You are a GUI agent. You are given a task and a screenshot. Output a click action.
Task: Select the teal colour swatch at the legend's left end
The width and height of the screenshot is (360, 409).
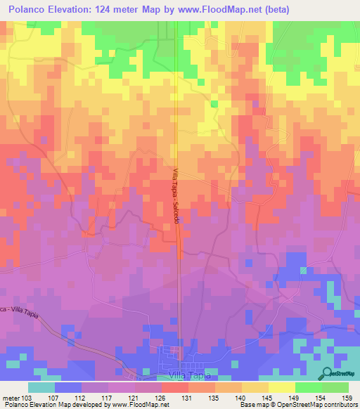click(x=41, y=387)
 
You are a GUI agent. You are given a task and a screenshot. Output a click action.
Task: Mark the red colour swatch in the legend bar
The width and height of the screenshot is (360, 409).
click(x=175, y=387)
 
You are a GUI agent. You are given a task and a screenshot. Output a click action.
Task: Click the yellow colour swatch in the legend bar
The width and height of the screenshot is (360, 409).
click(x=282, y=387)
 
